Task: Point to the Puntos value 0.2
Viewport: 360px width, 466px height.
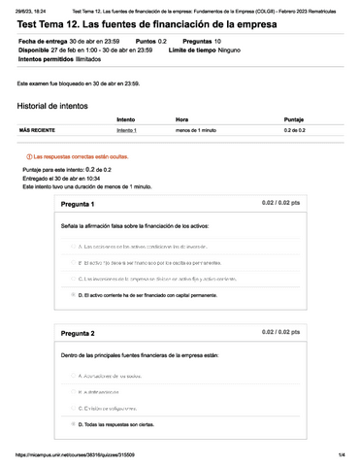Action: click(163, 43)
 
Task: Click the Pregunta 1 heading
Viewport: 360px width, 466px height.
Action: click(78, 205)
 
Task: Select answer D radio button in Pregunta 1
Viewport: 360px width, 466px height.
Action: click(73, 294)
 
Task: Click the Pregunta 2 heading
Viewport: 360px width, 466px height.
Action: click(78, 333)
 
